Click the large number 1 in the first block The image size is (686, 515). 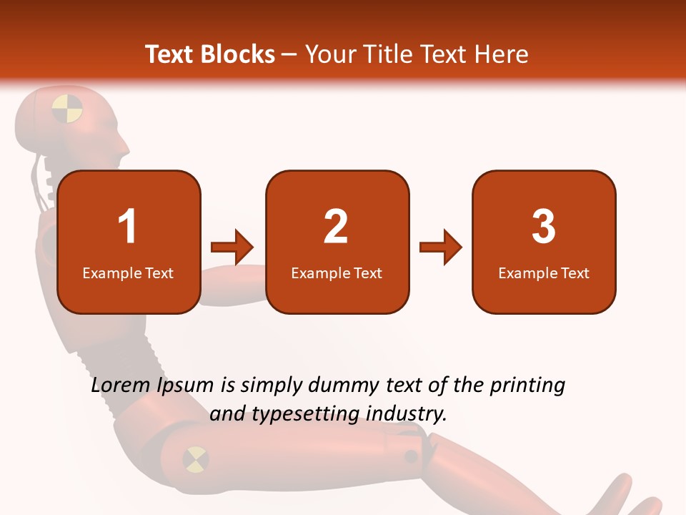(x=128, y=227)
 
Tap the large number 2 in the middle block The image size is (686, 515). (x=336, y=227)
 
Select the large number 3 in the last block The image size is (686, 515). (x=544, y=227)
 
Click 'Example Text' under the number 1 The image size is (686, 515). (x=128, y=273)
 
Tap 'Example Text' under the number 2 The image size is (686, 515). (x=337, y=273)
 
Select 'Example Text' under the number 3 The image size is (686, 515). (x=544, y=273)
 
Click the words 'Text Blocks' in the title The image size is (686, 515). (x=210, y=54)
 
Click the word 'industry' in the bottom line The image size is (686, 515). (x=406, y=413)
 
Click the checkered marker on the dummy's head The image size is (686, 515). (x=67, y=109)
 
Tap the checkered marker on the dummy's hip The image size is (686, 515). (x=195, y=458)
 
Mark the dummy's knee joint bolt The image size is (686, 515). (x=411, y=456)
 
